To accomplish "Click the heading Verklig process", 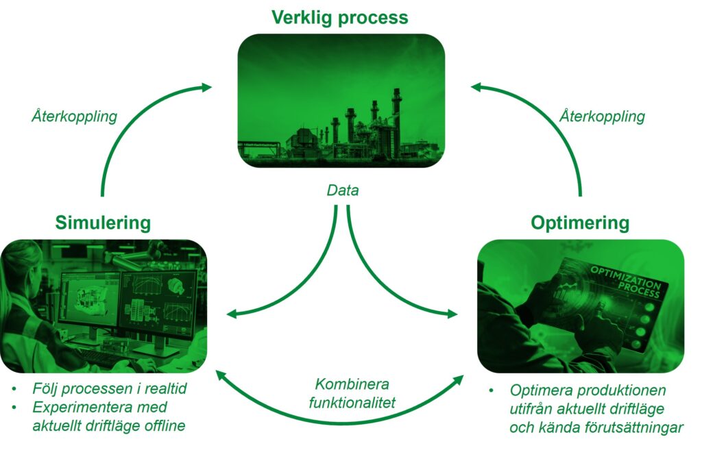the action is click(340, 18).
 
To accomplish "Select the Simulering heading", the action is click(103, 223).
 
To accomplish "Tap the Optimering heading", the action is click(580, 223).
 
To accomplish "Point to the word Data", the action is click(343, 190).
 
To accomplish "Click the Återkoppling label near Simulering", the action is click(74, 116).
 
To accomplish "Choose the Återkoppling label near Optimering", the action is click(602, 116).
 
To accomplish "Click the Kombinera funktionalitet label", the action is click(352, 393).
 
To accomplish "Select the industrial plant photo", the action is click(341, 101).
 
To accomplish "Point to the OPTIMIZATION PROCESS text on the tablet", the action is click(625, 282).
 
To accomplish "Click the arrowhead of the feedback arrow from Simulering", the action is click(206, 87).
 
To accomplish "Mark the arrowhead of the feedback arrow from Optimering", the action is click(476, 87).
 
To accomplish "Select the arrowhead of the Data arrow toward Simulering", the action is click(232, 314).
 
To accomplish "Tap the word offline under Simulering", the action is click(165, 425).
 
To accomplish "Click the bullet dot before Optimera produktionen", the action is click(492, 391).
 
